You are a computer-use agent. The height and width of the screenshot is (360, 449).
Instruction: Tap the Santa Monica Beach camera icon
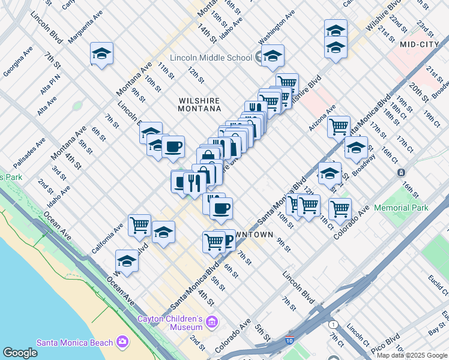(x=123, y=342)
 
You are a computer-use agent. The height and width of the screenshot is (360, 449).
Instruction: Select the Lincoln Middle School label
(x=211, y=58)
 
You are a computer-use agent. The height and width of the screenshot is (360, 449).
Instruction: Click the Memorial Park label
(x=401, y=208)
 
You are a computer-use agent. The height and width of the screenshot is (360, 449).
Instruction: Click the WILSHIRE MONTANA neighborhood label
(x=199, y=104)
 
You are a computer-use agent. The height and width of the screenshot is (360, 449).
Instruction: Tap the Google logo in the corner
(x=20, y=353)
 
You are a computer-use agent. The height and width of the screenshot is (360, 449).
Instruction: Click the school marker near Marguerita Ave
(x=102, y=53)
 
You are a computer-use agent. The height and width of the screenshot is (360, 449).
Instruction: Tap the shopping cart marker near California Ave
(x=139, y=225)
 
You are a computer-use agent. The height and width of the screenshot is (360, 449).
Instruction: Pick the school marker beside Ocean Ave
(x=127, y=260)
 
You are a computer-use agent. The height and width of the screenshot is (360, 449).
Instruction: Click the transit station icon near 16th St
(x=401, y=173)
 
